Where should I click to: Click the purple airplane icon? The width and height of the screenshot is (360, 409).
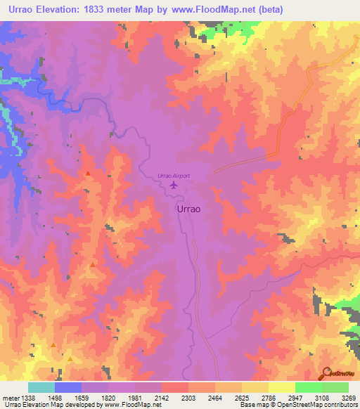tap(173, 186)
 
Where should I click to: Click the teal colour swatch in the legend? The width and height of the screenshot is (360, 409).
tap(41, 387)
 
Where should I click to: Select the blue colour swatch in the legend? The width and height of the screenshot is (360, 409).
tap(67, 387)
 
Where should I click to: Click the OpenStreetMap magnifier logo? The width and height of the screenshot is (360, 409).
tap(326, 372)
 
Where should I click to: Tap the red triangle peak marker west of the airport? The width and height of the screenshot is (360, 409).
tap(87, 173)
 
